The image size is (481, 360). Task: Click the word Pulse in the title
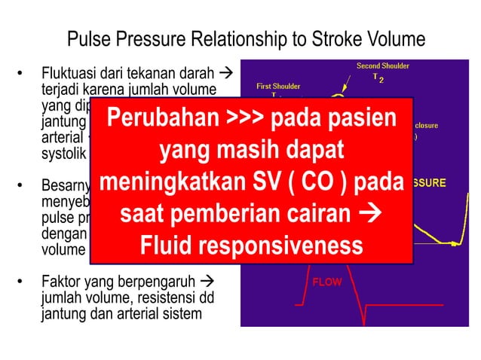point(89,39)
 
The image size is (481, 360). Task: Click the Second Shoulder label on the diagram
point(383,66)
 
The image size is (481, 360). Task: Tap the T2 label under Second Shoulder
point(378,78)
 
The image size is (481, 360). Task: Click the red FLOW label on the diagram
point(327,282)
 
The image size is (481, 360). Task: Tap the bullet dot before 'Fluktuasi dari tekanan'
point(20,76)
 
